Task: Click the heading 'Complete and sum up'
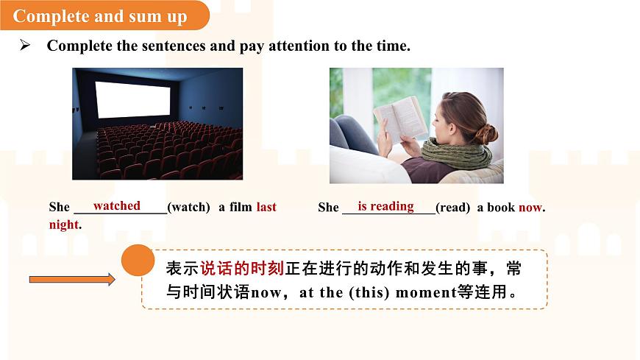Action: point(100,16)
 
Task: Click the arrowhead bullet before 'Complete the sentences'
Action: point(24,46)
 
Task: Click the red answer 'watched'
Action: point(116,206)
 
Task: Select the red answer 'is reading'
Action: point(385,206)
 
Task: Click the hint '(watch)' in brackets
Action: point(189,208)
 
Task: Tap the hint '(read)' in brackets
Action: point(452,208)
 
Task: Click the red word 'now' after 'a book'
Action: point(530,208)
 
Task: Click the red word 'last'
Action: point(266,208)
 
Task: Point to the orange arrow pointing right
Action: point(71,279)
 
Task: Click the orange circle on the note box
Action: point(138,260)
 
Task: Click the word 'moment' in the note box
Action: point(426,292)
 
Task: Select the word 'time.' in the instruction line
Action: point(393,46)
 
